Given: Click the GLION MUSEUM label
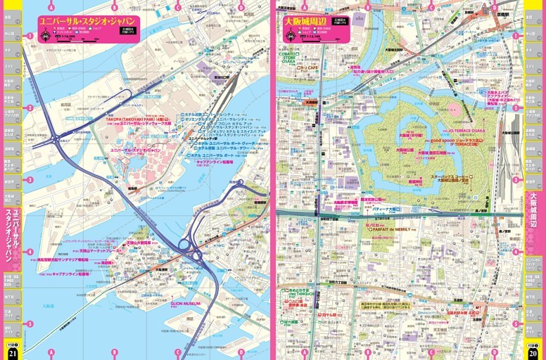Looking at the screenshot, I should tap(186, 303).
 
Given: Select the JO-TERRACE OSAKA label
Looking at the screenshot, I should tap(465, 131).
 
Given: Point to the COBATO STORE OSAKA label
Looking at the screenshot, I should tap(288, 57).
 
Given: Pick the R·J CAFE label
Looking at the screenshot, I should tap(308, 68).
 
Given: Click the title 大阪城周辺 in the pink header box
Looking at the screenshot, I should tap(303, 22).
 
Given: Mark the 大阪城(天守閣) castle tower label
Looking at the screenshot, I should tap(412, 136).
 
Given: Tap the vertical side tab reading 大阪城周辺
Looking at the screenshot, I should tap(534, 211).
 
